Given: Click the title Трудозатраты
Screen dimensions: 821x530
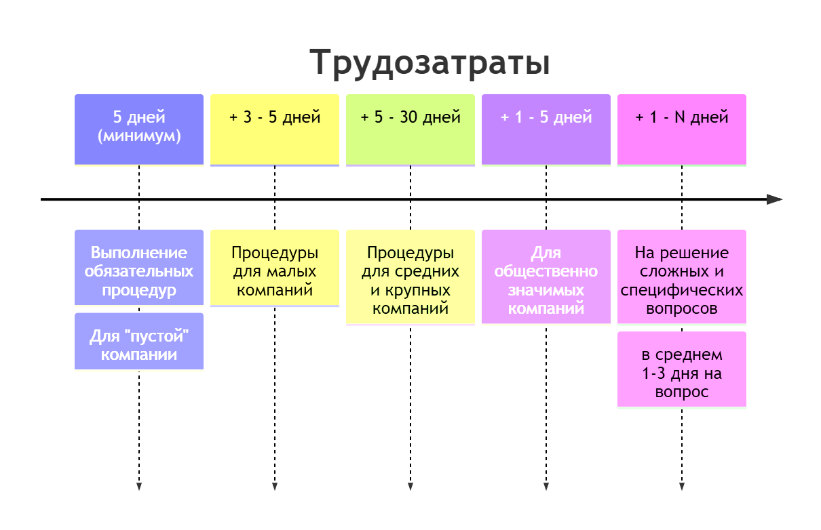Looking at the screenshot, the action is [x=429, y=64].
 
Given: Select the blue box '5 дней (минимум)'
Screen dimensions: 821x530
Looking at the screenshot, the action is [x=139, y=129].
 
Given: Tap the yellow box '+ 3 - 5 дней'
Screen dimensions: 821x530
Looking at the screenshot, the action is [x=275, y=129].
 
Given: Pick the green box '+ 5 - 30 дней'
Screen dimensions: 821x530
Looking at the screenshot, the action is [x=411, y=129].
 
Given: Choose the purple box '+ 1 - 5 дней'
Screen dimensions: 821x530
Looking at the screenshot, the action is [x=546, y=129].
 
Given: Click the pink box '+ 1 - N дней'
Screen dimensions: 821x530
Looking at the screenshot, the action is [x=682, y=129].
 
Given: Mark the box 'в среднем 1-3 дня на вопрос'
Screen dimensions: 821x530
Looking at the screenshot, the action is [x=682, y=373].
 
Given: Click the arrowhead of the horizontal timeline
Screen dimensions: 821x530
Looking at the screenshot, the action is [x=775, y=199].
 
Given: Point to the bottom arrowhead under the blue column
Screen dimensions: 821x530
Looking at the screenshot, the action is [x=139, y=485].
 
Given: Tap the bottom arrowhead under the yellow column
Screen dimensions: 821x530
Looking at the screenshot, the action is [x=275, y=485].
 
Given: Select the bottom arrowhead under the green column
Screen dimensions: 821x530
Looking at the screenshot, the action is [x=411, y=485].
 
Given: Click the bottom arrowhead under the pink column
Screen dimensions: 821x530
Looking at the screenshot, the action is [x=682, y=485].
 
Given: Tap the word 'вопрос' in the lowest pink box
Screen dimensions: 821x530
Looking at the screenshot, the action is [x=682, y=392].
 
